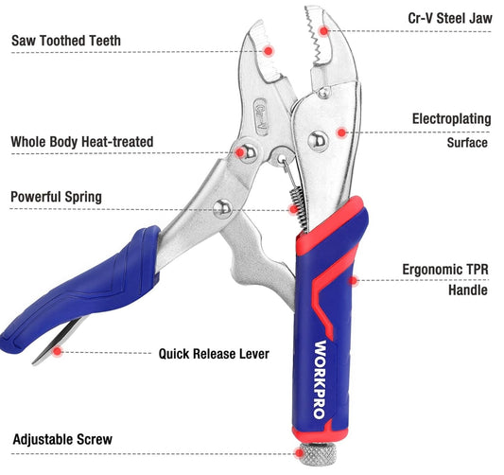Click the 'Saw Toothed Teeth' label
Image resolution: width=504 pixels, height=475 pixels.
coord(66,41)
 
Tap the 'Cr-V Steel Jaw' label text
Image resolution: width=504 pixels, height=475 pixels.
coord(450,18)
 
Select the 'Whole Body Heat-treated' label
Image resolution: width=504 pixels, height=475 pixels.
coord(82,142)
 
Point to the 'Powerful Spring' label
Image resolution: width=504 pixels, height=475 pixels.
coord(56,197)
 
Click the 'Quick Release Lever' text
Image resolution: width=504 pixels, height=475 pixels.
coord(214,354)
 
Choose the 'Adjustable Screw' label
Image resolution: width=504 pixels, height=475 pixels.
coord(62,439)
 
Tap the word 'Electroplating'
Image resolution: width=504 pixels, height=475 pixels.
coord(452,119)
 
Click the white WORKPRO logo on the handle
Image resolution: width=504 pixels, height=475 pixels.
coord(320,379)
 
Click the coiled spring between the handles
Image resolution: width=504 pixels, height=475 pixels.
coord(297,209)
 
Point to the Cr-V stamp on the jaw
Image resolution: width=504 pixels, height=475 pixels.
coord(261,117)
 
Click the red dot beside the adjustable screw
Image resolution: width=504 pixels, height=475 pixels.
coord(299,453)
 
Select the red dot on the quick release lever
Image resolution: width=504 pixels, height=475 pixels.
coord(58,351)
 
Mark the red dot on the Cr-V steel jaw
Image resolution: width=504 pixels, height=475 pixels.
coord(324,31)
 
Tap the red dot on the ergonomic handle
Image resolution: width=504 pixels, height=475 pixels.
coord(354,281)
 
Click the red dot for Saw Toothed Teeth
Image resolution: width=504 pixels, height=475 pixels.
coord(268,51)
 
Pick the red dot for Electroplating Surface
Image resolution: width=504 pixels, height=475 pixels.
coord(341,132)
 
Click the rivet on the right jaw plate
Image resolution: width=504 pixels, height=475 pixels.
coord(318,141)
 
